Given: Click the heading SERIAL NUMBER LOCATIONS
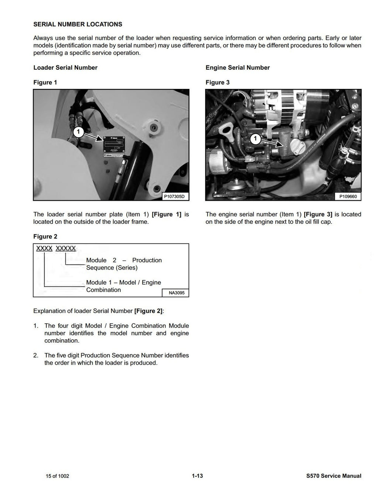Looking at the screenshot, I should [x=78, y=24].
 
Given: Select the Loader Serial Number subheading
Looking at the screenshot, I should [x=65, y=67].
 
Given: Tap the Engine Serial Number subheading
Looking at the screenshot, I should [x=237, y=67].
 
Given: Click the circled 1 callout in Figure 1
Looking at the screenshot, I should [x=78, y=132].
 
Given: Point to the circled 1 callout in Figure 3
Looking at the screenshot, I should [x=255, y=139].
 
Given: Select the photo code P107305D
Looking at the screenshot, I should [x=175, y=197].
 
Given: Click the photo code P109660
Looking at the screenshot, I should [x=348, y=197].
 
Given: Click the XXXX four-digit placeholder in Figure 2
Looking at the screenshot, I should [x=44, y=249].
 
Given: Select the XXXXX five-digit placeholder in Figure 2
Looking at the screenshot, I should [x=65, y=249].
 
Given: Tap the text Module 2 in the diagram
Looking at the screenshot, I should [x=101, y=260].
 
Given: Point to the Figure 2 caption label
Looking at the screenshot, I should [x=45, y=236].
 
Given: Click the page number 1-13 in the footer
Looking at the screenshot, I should [x=197, y=476].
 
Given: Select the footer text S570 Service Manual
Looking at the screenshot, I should [x=331, y=476].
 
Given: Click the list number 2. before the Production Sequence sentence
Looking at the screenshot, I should [x=36, y=356].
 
